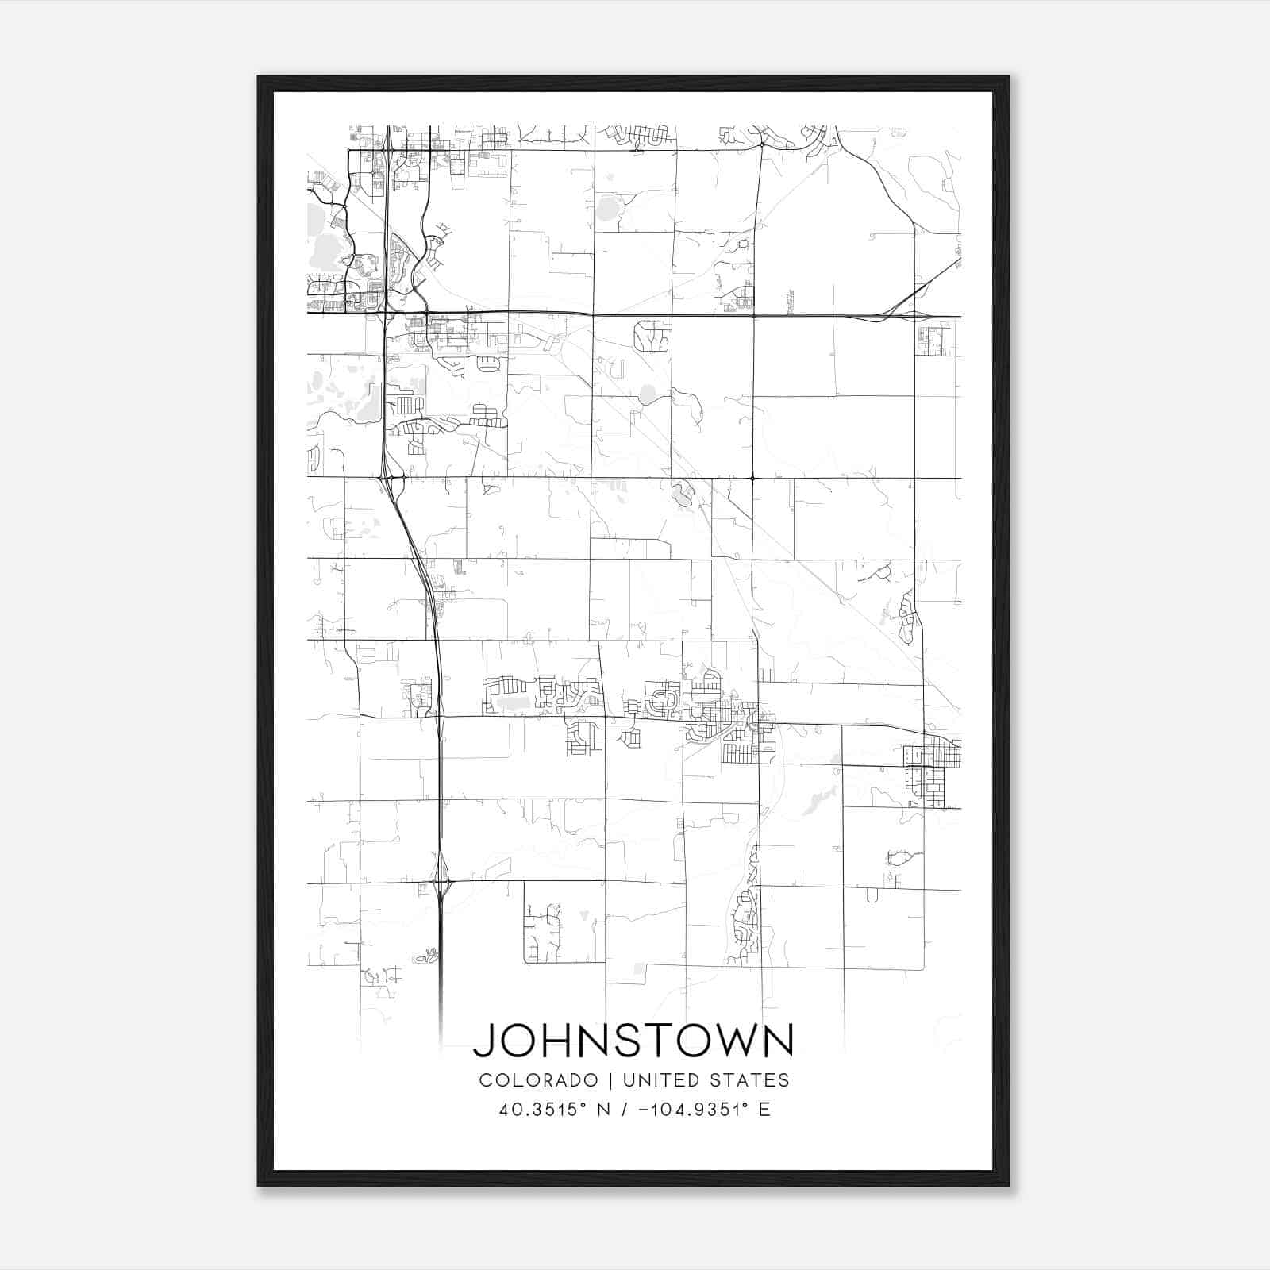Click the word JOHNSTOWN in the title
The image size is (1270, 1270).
(633, 1040)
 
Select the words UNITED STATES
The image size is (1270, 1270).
(706, 1080)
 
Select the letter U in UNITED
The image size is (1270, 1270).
(629, 1080)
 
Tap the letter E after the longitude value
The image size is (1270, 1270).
(765, 1110)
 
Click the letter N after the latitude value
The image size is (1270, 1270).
(603, 1110)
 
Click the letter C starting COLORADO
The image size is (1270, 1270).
(485, 1080)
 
